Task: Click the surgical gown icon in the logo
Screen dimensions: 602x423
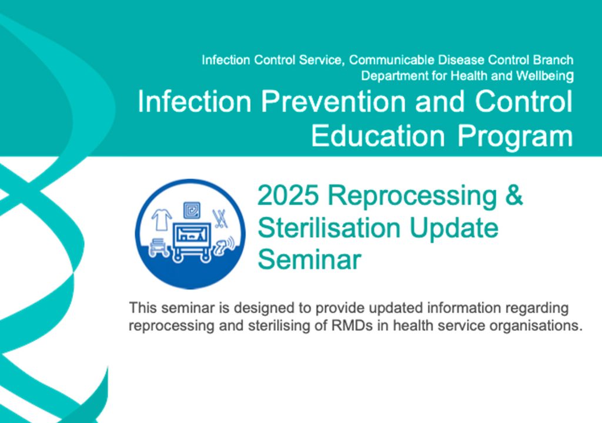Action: (x=161, y=219)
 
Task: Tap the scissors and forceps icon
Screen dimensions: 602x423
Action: (x=220, y=219)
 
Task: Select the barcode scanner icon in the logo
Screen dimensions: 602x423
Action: (x=225, y=246)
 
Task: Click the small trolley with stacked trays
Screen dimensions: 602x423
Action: (x=159, y=247)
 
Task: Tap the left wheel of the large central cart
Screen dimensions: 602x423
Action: (x=178, y=256)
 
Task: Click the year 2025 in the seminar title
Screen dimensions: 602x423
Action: (x=288, y=195)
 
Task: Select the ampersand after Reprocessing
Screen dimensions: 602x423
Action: (x=514, y=194)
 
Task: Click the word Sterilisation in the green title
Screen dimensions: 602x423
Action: (x=329, y=227)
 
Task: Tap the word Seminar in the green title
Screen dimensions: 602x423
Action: (x=309, y=260)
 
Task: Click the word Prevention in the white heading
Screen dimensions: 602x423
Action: (x=333, y=101)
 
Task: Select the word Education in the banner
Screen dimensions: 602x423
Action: (x=378, y=136)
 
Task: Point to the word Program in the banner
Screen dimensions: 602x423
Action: (x=515, y=137)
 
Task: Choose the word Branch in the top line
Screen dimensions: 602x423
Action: (x=553, y=60)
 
